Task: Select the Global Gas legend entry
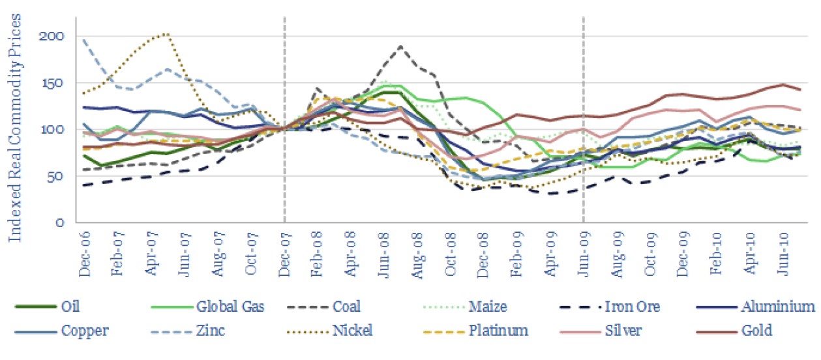(x=230, y=307)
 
